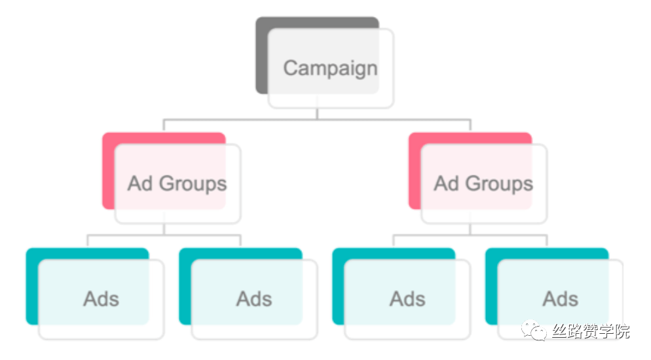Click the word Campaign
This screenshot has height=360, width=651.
331,69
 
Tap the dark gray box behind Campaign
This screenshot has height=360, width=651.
261,55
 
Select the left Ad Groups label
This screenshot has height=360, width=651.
177,184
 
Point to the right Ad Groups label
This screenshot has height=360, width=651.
484,184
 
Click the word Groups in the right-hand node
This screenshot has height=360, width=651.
500,184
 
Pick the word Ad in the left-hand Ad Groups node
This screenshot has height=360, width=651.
140,183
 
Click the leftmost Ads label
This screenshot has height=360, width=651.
102,299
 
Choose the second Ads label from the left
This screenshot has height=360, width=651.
255,299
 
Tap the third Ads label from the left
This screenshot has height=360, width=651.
408,299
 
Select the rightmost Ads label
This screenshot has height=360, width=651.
561,299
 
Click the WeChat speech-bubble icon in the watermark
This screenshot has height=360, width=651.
534,331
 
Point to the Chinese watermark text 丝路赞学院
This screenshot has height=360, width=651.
591,331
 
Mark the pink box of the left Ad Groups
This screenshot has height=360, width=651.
108,170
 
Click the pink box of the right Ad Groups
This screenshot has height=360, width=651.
415,170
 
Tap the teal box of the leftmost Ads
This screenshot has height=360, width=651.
32,286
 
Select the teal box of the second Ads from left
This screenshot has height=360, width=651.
185,286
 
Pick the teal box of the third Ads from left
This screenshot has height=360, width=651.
339,286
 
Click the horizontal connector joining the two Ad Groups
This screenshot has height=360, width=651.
317,120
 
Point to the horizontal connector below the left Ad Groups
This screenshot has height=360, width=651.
164,235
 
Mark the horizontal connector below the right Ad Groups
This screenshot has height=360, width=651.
470,235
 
